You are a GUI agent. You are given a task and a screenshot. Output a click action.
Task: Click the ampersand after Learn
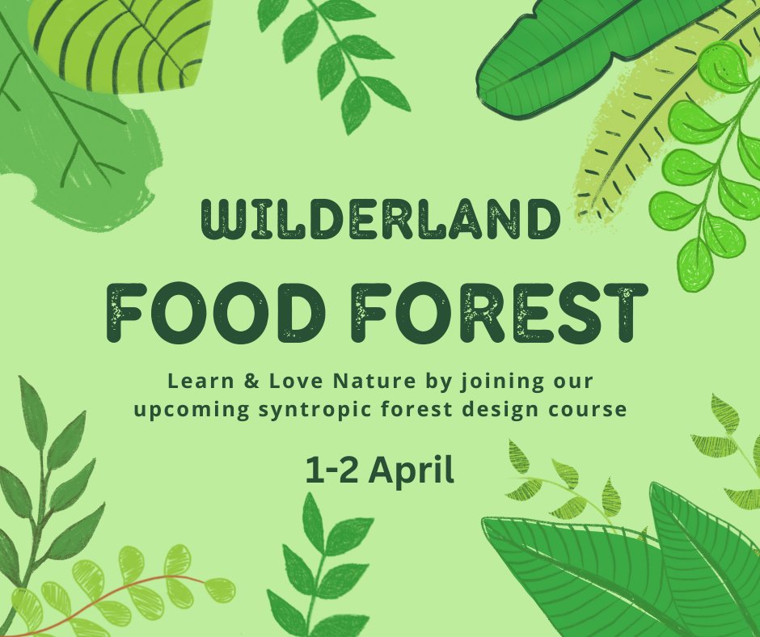pyautogui.click(x=251, y=382)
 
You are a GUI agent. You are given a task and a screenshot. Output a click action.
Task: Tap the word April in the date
pyautogui.click(x=412, y=470)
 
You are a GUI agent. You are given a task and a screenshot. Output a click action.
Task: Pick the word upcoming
pyautogui.click(x=192, y=410)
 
